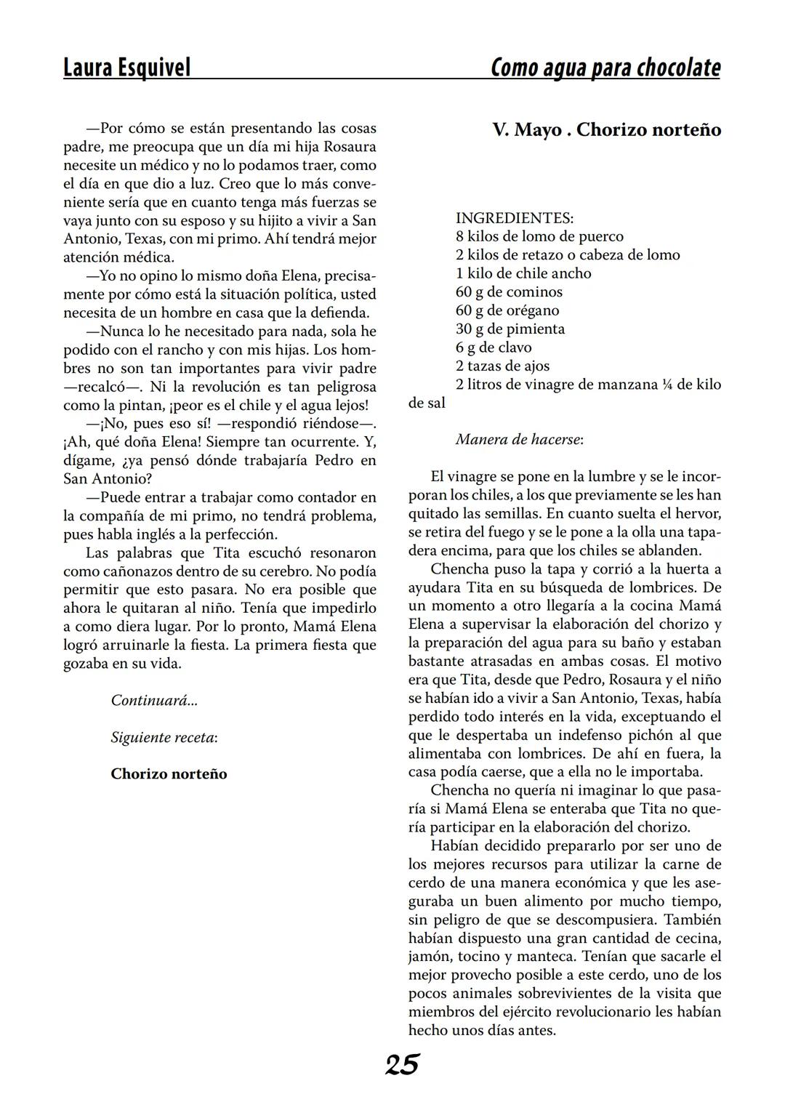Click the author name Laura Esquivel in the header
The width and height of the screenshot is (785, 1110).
pyautogui.click(x=126, y=68)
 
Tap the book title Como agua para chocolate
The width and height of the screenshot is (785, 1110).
pyautogui.click(x=605, y=68)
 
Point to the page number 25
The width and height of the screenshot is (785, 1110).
pyautogui.click(x=402, y=1065)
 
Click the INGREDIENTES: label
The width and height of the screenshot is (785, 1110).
pyautogui.click(x=515, y=217)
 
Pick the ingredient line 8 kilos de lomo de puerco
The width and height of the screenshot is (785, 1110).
pyautogui.click(x=539, y=236)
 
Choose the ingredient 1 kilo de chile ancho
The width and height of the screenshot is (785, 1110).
pyautogui.click(x=523, y=273)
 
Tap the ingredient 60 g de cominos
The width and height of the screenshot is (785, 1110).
pyautogui.click(x=509, y=292)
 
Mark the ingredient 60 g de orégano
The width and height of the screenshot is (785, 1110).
pyautogui.click(x=507, y=310)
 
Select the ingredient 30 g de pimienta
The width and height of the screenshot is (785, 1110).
pyautogui.click(x=510, y=329)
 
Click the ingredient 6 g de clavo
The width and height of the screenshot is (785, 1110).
pyautogui.click(x=494, y=347)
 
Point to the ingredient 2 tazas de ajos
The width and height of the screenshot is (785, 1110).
pyautogui.click(x=502, y=366)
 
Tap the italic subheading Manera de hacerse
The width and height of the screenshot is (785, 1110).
pyautogui.click(x=519, y=440)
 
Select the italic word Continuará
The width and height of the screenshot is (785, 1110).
pyautogui.click(x=153, y=701)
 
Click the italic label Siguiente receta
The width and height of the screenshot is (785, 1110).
pyautogui.click(x=164, y=737)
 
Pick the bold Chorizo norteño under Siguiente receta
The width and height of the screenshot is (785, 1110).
pyautogui.click(x=169, y=774)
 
